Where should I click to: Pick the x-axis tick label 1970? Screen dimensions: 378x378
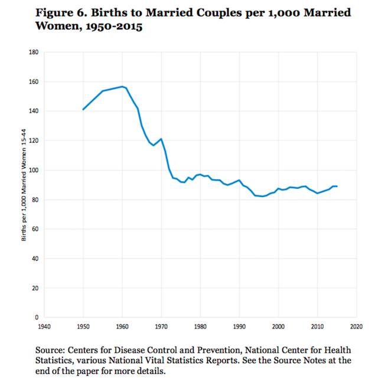[x=161, y=325]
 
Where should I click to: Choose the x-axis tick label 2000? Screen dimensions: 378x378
[x=278, y=325]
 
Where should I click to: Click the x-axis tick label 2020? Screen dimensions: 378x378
[x=356, y=325]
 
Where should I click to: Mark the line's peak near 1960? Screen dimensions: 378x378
[x=122, y=87]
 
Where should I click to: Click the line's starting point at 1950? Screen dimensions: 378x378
[x=83, y=109]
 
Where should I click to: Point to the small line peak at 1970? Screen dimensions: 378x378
[x=161, y=139]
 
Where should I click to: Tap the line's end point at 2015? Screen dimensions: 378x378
[x=337, y=186]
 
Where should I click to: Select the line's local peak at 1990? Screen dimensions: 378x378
[x=239, y=180]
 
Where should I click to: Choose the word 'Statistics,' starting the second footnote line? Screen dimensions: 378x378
[x=57, y=360]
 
